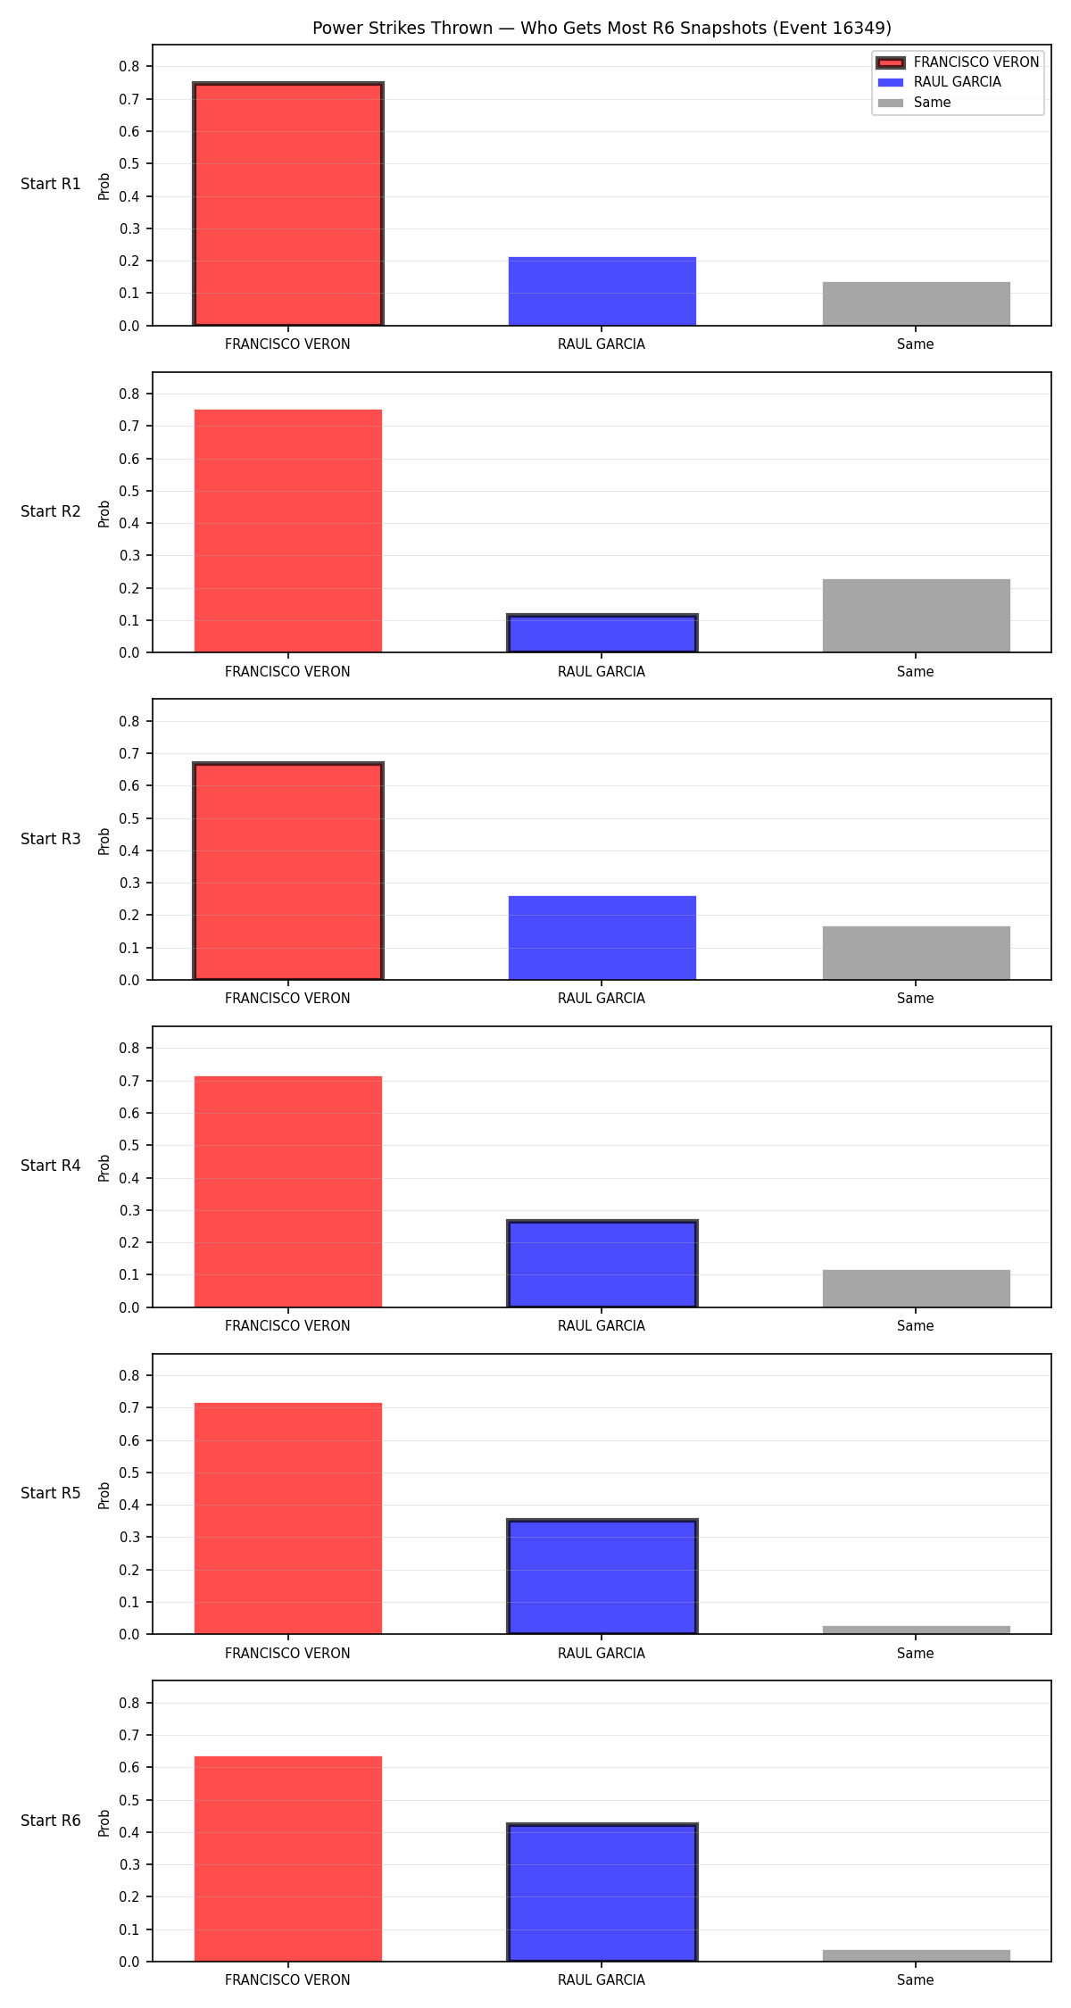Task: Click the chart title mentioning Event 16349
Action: point(602,28)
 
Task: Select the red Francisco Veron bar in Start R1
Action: point(288,204)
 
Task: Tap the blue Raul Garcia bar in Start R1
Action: point(602,291)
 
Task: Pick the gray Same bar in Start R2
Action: point(917,616)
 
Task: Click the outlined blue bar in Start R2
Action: point(602,634)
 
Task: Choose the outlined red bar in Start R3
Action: point(288,871)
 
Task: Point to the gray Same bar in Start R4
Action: point(917,1289)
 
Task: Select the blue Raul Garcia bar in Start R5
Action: point(602,1577)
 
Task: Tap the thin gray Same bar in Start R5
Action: point(917,1630)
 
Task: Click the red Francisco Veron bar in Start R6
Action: point(288,1859)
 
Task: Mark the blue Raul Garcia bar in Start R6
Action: point(602,1893)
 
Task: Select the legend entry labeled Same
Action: point(915,103)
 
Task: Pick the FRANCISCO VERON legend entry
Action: point(959,62)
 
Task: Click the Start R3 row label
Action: point(51,839)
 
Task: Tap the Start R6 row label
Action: point(51,1821)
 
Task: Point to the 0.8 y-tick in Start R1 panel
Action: point(129,66)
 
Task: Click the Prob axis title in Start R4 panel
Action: point(104,1167)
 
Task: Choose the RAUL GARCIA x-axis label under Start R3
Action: point(602,999)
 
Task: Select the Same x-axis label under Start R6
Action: point(916,1980)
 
